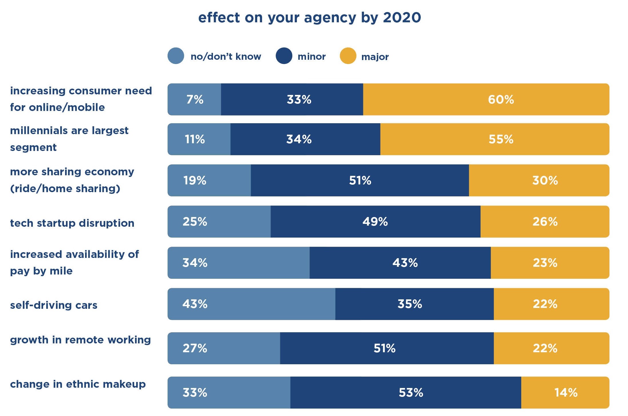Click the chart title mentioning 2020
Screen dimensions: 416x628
pos(309,18)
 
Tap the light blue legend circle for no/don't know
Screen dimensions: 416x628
pos(176,56)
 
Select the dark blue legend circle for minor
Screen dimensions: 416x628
pos(284,56)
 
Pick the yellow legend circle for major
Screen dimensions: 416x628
pos(348,56)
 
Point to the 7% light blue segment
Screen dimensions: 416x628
pos(194,99)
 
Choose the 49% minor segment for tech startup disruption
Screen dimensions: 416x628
pos(375,222)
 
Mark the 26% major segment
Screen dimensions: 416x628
pos(545,222)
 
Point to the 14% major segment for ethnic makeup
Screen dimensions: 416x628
pos(565,393)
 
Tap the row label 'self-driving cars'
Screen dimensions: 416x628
pos(54,305)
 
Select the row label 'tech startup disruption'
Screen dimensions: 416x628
pos(72,223)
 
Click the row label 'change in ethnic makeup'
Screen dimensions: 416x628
pos(78,384)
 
